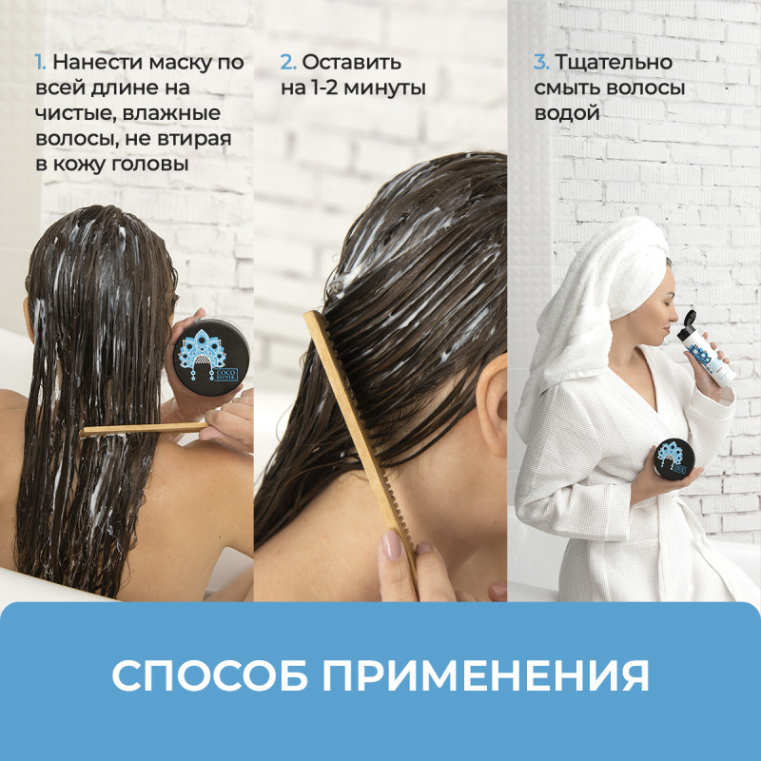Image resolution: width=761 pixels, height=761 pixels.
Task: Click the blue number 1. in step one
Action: point(40,62)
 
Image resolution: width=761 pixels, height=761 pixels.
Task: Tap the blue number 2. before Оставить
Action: point(288,62)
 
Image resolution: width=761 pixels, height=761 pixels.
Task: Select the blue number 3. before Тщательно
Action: point(541,62)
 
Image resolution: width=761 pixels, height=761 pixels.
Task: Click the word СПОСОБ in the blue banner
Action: point(209,675)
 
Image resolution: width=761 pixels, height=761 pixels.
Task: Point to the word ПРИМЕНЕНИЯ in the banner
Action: point(486,675)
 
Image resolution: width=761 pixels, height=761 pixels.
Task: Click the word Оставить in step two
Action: point(351,62)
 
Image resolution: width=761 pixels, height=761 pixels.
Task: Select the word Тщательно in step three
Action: point(614,63)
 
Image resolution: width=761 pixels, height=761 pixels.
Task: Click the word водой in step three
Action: point(567,113)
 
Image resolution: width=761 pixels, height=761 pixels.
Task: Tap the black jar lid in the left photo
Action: point(210,356)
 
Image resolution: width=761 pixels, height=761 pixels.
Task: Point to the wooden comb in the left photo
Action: point(144,429)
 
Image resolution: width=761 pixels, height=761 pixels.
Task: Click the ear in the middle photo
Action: point(492,405)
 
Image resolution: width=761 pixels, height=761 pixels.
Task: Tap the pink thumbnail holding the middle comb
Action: point(391,544)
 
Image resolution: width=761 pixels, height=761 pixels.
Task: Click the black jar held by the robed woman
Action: point(673,458)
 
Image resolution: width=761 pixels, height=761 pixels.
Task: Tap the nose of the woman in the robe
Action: point(673,326)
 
